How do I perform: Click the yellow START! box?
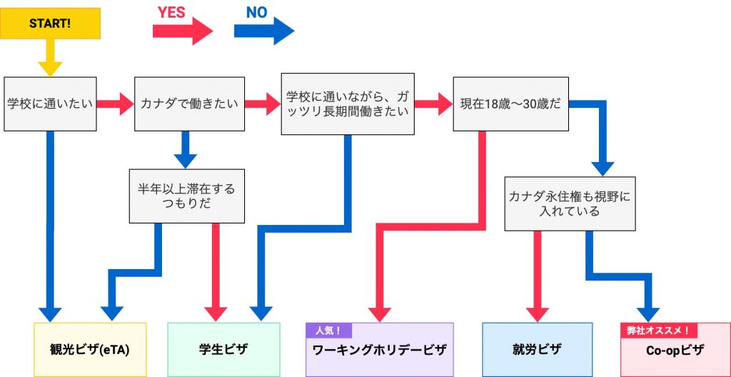click(50, 24)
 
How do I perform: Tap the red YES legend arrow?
click(183, 31)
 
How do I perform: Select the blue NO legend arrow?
click(264, 31)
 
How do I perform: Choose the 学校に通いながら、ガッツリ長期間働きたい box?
click(348, 104)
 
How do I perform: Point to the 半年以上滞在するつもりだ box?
click(186, 196)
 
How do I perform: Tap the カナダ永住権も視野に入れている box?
click(570, 203)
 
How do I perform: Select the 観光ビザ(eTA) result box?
click(90, 349)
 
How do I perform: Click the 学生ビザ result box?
click(223, 349)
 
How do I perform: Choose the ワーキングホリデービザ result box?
click(379, 351)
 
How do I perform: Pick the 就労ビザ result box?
click(537, 349)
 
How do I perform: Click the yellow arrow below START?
click(50, 59)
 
